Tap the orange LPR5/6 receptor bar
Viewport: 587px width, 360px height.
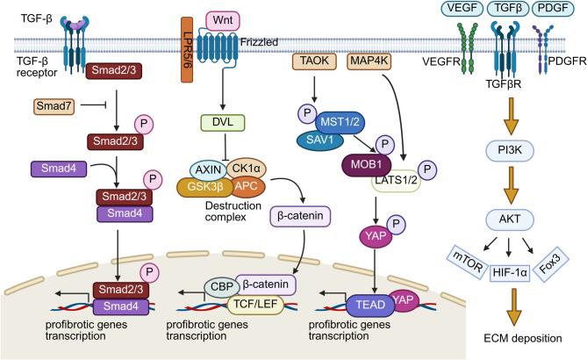187,61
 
